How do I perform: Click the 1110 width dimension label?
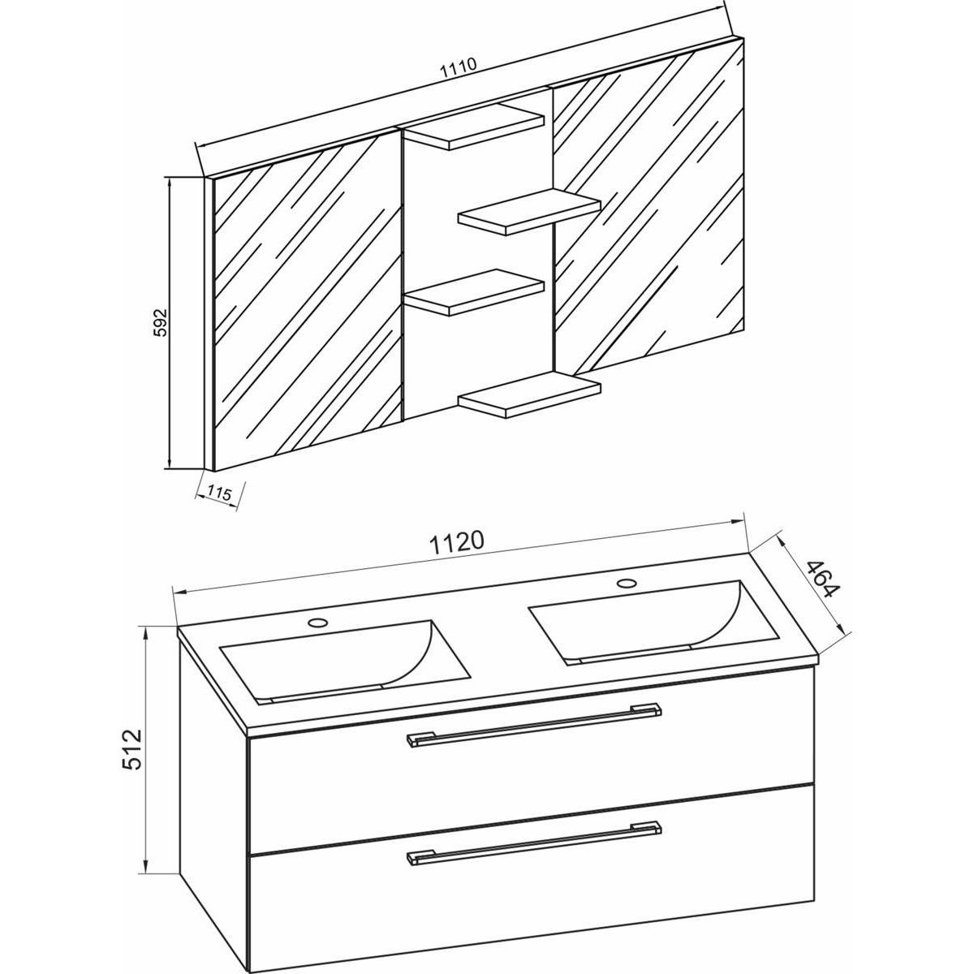click(457, 69)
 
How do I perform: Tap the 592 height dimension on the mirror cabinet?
click(161, 323)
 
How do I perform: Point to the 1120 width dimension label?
click(460, 541)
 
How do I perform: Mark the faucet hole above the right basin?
click(626, 582)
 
